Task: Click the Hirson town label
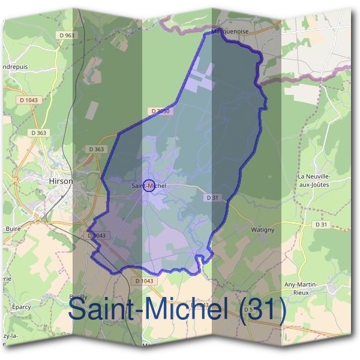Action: point(61,181)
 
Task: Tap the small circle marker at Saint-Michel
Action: point(150,185)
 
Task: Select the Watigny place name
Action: point(262,230)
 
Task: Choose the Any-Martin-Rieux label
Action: point(317,288)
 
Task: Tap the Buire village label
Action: point(13,229)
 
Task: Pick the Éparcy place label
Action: point(21,307)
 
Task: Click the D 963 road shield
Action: point(67,35)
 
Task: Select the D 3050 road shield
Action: point(161,111)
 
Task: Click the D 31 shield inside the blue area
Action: point(211,197)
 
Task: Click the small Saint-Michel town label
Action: point(148,187)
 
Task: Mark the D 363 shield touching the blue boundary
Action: point(96,149)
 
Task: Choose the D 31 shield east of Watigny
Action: point(323,224)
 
